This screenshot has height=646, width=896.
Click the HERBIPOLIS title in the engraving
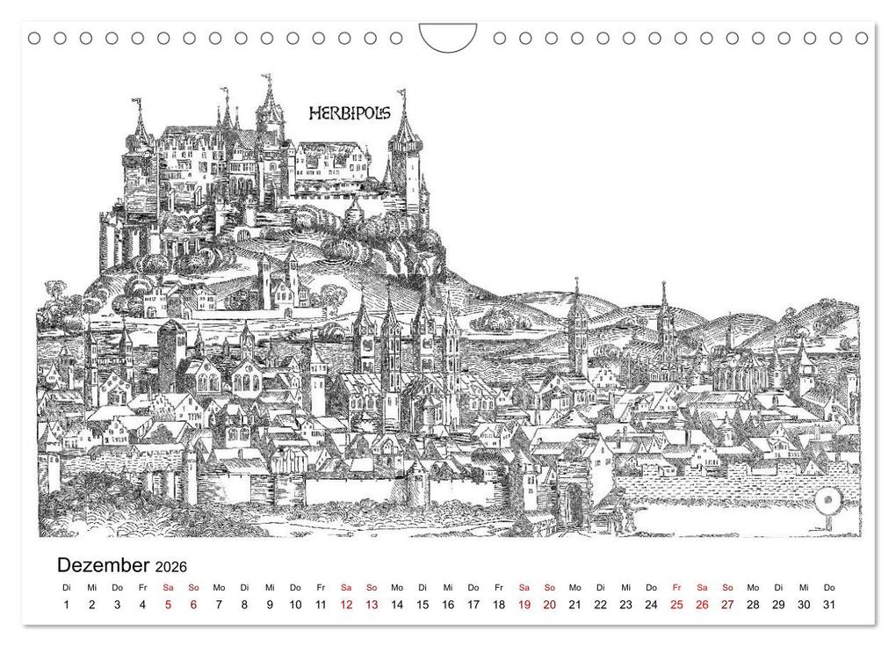point(350,113)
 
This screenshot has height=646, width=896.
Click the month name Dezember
point(104,565)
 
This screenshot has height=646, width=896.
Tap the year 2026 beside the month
point(171,567)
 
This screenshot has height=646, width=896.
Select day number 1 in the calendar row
point(67,605)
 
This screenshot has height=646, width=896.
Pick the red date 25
point(676,605)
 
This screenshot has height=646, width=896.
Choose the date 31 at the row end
point(828,605)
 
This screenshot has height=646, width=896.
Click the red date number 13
point(372,605)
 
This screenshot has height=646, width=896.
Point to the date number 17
point(473,605)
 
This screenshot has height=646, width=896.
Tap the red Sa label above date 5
point(168,587)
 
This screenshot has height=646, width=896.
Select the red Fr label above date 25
point(676,587)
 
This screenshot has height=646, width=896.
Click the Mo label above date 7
point(219,587)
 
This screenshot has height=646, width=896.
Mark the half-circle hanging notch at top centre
point(448,37)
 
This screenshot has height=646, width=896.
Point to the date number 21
point(574,605)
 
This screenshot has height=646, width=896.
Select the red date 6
point(193,605)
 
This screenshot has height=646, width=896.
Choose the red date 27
point(727,605)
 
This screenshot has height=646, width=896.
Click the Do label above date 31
point(828,587)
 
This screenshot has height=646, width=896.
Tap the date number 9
point(270,605)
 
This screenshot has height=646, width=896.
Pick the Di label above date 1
point(67,587)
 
